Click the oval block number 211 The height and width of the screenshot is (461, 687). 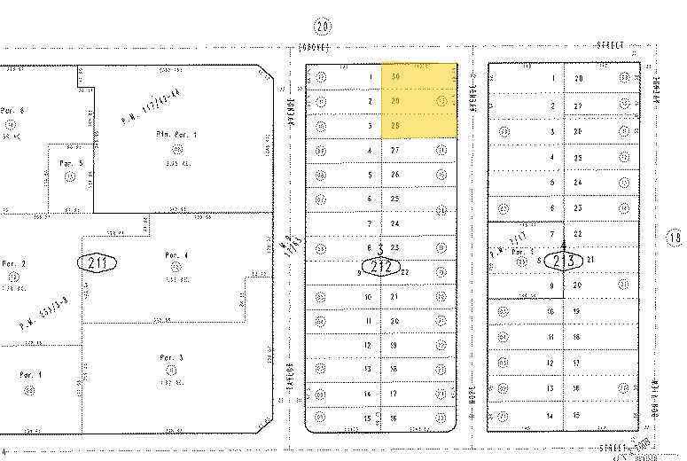[x=98, y=262]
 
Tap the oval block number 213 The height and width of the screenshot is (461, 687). [x=565, y=261]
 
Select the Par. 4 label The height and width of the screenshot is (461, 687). [x=171, y=255]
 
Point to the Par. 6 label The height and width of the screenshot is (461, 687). [x=12, y=111]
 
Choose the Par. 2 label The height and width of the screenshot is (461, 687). [x=13, y=263]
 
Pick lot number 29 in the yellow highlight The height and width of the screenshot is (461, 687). [x=396, y=101]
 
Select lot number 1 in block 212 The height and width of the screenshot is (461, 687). [x=369, y=77]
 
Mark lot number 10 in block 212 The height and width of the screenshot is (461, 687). [x=369, y=296]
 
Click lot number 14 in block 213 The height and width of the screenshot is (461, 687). [x=551, y=415]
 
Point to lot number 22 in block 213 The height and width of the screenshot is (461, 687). [x=578, y=233]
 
